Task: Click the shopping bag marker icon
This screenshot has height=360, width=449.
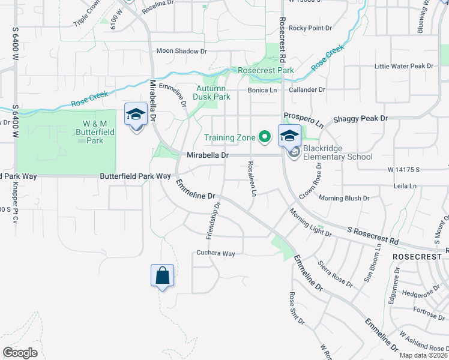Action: pyautogui.click(x=162, y=276)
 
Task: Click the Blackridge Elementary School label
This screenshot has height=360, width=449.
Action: pyautogui.click(x=338, y=153)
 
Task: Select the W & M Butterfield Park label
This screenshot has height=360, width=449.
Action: pyautogui.click(x=95, y=133)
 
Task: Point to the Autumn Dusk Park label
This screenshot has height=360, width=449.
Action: pyautogui.click(x=212, y=92)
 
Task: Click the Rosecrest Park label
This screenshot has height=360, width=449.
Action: pyautogui.click(x=266, y=70)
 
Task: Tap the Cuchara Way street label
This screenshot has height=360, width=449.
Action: pyautogui.click(x=215, y=254)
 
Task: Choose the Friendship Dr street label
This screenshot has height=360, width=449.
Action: pyautogui.click(x=214, y=220)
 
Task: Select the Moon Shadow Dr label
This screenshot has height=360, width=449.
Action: pyautogui.click(x=181, y=52)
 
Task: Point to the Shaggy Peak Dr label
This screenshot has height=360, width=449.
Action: pyautogui.click(x=360, y=119)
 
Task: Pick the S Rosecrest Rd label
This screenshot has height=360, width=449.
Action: pyautogui.click(x=373, y=235)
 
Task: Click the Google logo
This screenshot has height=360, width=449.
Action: pyautogui.click(x=20, y=353)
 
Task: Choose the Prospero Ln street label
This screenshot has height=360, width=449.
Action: pyautogui.click(x=304, y=119)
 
